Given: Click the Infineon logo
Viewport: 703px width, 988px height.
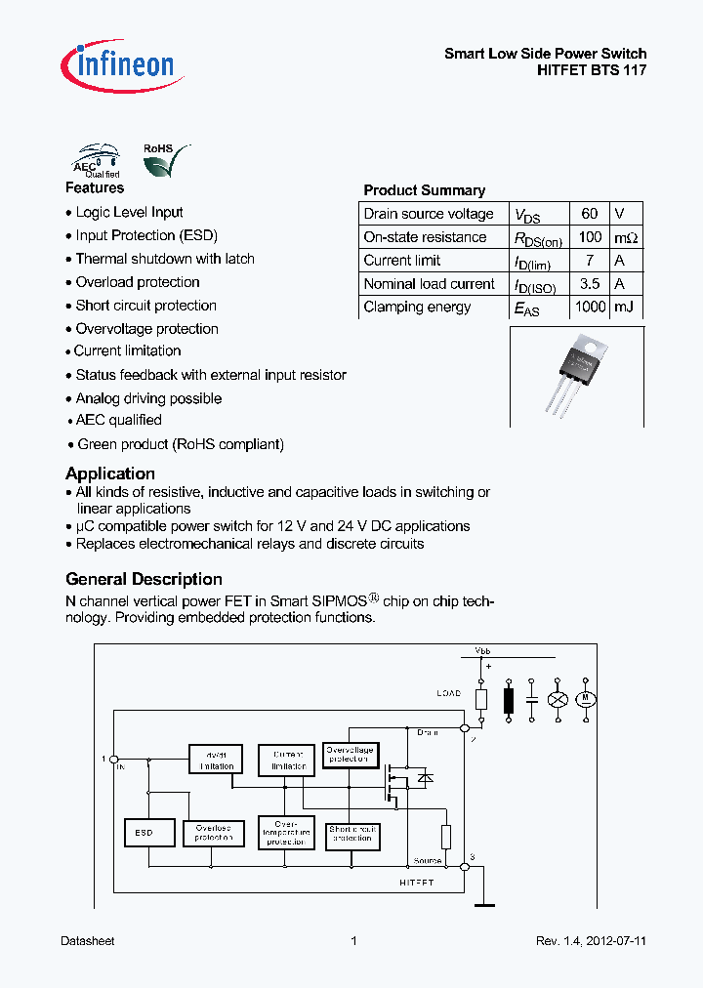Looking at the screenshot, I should click(118, 65).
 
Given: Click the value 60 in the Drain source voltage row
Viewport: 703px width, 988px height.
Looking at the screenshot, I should click(589, 214).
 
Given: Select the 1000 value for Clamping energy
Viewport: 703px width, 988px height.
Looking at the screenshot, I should click(589, 307).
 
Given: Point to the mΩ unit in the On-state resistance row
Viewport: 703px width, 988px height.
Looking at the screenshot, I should click(626, 237).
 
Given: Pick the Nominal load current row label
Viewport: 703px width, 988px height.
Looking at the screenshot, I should click(429, 284).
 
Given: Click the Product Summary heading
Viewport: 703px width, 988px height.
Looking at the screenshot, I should click(424, 190).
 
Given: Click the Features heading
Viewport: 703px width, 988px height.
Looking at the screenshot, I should click(95, 187).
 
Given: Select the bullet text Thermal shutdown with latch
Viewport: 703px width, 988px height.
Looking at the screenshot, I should click(165, 259).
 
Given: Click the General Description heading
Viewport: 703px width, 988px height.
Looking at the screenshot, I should click(144, 579).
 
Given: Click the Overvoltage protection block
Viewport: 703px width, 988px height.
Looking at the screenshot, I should click(349, 754).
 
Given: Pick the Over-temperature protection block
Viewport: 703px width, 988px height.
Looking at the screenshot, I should click(286, 832).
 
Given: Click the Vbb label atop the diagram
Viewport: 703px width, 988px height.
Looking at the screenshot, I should click(482, 649).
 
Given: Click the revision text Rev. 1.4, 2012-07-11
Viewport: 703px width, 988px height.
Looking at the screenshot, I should click(591, 941).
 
